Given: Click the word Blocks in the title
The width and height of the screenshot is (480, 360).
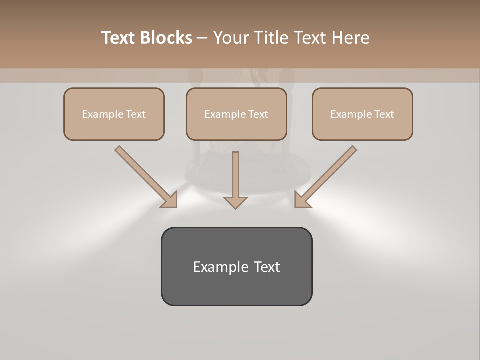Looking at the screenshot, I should point(167,38).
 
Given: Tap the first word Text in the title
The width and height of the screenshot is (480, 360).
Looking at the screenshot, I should point(120,38).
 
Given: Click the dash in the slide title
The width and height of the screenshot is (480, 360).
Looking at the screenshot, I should point(202,38).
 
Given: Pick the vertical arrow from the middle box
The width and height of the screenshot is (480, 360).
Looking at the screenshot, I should point(235,175).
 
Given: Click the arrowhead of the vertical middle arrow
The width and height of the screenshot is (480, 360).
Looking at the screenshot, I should point(235,202).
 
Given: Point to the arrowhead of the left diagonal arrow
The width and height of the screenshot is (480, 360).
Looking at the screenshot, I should point(170,200).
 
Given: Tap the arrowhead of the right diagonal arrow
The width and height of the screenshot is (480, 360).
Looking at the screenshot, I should point(302,200).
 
